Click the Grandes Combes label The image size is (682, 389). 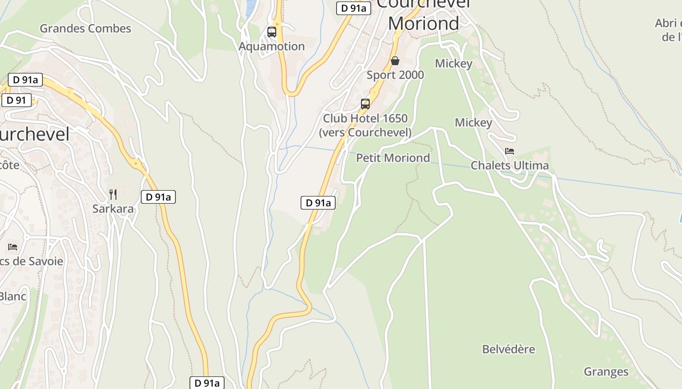coord(85,28)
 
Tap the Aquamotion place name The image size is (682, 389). coord(272,46)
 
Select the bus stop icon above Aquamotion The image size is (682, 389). coord(272,32)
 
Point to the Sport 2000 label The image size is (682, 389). coord(395,75)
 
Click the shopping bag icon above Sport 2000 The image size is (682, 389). coord(395,61)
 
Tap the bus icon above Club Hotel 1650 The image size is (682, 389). coord(365,104)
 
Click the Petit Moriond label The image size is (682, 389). coord(393,158)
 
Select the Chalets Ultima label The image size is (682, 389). coord(510,165)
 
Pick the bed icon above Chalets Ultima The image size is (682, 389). coord(510,151)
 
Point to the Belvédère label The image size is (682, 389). coord(509,349)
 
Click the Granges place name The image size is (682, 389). coord(606,372)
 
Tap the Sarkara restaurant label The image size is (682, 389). coord(113,209)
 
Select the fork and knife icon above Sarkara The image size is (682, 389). coord(113,194)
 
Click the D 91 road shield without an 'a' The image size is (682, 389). coord(17,101)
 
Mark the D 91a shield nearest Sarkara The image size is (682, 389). coord(158,197)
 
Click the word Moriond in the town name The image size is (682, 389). coord(423,23)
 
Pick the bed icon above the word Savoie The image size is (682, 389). coord(13,247)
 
